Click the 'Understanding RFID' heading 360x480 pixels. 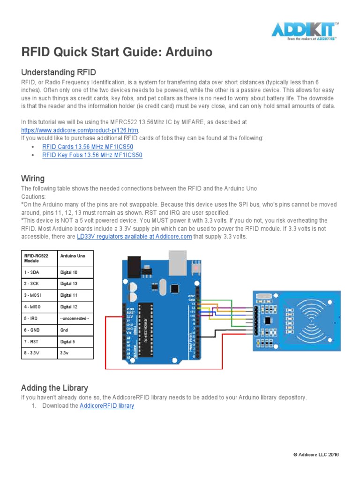pos(59,72)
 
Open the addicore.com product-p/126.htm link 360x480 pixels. pos(80,129)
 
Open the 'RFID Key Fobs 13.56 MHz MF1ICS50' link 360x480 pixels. pos(92,155)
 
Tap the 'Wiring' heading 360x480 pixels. pos(33,179)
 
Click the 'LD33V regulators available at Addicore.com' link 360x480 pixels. pos(134,236)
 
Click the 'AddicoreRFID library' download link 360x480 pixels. pos(107,406)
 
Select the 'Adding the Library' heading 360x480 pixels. pos(54,388)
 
